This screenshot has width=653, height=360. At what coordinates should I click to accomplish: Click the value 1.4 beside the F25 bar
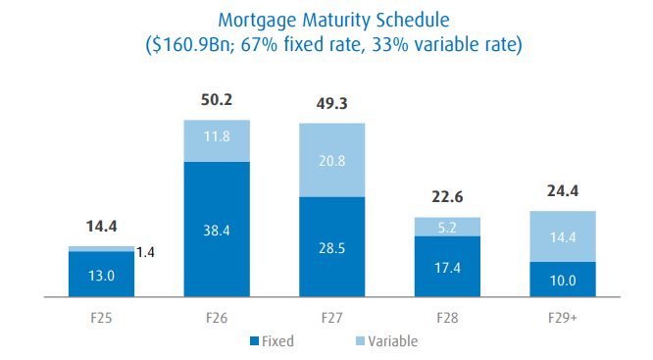145,253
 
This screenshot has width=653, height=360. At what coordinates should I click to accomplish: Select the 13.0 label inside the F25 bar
101,276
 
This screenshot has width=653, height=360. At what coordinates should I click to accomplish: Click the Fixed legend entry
272,341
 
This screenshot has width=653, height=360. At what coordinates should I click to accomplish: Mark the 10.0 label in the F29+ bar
563,280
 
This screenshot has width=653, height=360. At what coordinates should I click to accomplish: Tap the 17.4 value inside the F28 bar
447,267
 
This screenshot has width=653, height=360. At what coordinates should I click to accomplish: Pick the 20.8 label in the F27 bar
332,160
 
